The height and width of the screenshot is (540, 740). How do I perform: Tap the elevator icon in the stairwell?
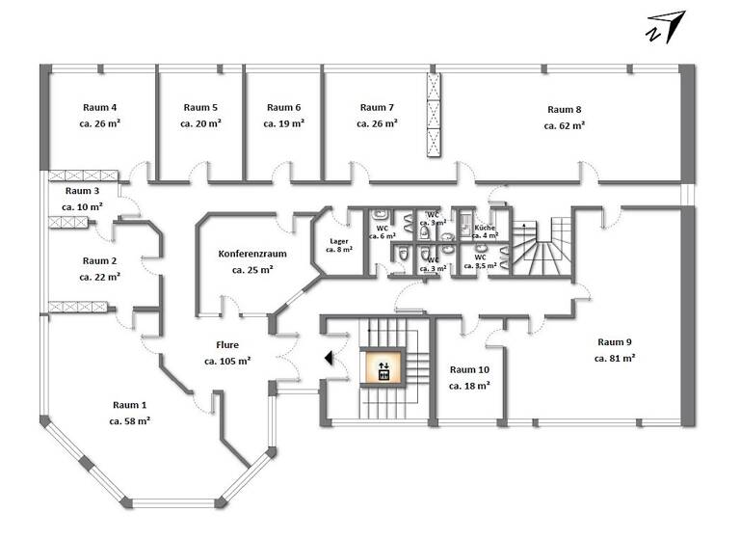pos(383,368)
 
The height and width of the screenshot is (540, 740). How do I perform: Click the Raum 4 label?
pos(99,108)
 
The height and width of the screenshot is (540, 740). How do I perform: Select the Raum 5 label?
pos(200,108)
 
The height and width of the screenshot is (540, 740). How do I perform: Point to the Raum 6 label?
pos(283,108)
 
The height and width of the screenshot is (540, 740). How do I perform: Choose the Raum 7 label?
pos(377,108)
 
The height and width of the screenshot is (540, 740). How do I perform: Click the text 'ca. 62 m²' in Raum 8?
pos(565,125)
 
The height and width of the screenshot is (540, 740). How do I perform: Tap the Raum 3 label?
pos(82,191)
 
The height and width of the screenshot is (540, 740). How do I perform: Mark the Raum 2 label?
pos(99,260)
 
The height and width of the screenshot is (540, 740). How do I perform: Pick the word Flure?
pos(227,344)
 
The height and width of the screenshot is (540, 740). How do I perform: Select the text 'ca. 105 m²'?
pos(227,361)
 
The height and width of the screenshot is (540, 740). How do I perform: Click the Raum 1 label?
pos(130,405)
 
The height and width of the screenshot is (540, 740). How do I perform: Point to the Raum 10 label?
pos(469,369)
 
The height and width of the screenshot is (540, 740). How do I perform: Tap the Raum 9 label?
pos(615,341)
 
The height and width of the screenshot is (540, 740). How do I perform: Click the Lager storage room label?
pos(339,240)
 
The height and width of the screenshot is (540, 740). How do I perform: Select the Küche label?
pos(485,227)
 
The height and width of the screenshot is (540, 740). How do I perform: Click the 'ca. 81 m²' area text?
pos(615,358)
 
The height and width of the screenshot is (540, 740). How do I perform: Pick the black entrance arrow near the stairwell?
pos(330,359)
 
